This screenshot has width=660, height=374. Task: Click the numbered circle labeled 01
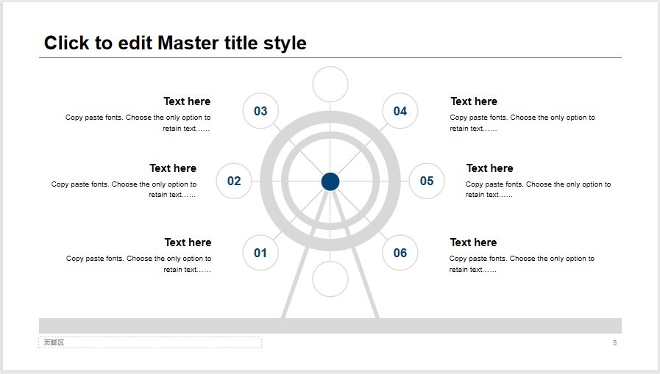coord(260,253)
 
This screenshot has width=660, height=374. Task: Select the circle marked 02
coord(234,181)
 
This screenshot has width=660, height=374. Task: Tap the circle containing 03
coord(260,111)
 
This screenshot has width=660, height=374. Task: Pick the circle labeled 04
coord(400,111)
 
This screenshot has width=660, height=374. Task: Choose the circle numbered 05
coord(427,181)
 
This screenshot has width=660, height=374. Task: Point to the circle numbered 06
coord(400,253)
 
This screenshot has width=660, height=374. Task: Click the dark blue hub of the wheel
coord(330,181)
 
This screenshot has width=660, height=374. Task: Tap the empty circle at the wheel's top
coord(330,84)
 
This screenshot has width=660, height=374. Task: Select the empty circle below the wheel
coord(330,279)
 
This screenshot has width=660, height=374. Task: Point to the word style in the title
coord(285,43)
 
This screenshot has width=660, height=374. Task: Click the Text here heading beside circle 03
coord(187,101)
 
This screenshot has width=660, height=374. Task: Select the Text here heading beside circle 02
coord(173,168)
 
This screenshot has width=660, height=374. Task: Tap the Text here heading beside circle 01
coord(188,242)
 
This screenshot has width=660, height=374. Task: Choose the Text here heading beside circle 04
coord(474,101)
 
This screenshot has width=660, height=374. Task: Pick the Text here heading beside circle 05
coord(489,168)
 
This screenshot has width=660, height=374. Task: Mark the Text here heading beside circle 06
coord(473,242)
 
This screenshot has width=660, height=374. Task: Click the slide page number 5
coord(614,343)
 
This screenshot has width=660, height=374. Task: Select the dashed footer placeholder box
coord(150,342)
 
